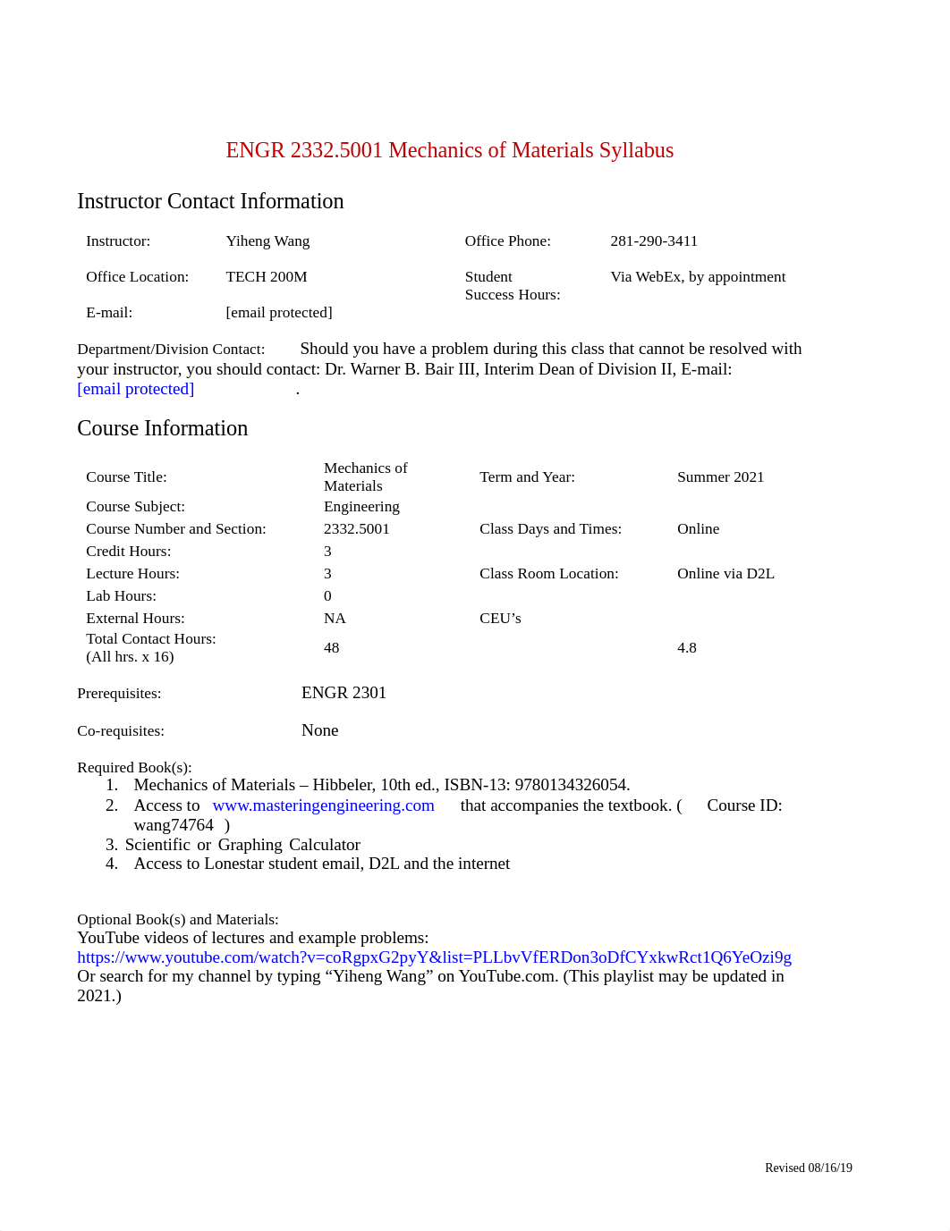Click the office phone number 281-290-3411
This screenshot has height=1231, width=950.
[x=654, y=241]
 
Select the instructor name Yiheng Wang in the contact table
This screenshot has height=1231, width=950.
[x=267, y=241]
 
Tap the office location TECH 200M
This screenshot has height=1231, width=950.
[x=267, y=277]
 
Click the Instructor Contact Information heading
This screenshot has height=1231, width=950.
[x=210, y=201]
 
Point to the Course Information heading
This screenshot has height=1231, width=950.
[x=162, y=428]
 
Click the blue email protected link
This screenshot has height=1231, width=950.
[x=135, y=389]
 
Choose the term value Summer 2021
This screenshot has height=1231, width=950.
[x=720, y=477]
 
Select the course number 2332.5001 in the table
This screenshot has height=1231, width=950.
[x=356, y=529]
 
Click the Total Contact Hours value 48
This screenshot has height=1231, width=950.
[x=331, y=648]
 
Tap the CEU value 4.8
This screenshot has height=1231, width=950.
[x=686, y=648]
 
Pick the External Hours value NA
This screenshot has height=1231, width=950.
[x=335, y=619]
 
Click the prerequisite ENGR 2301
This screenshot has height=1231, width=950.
[x=344, y=693]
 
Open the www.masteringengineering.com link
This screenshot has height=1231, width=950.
[x=323, y=805]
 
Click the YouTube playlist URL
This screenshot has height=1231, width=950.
[x=434, y=957]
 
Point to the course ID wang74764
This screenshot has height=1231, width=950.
[x=174, y=825]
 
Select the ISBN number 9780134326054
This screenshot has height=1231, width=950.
[x=571, y=785]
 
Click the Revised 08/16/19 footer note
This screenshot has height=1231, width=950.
[x=808, y=1168]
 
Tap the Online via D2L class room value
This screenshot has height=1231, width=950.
[x=725, y=574]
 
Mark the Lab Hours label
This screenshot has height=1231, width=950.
[x=121, y=596]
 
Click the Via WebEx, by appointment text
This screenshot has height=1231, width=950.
[x=698, y=277]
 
